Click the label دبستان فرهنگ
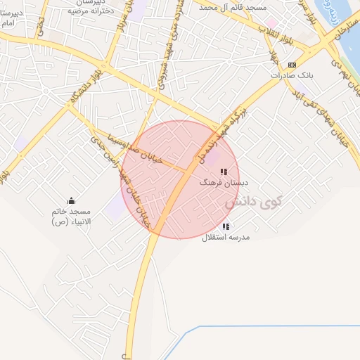click(219, 182)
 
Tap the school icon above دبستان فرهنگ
click(224, 172)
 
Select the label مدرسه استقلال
click(226, 237)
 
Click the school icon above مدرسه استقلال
click(226, 226)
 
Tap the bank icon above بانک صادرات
click(292, 65)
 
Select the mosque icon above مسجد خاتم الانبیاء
click(70, 201)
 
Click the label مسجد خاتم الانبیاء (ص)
click(71, 216)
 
